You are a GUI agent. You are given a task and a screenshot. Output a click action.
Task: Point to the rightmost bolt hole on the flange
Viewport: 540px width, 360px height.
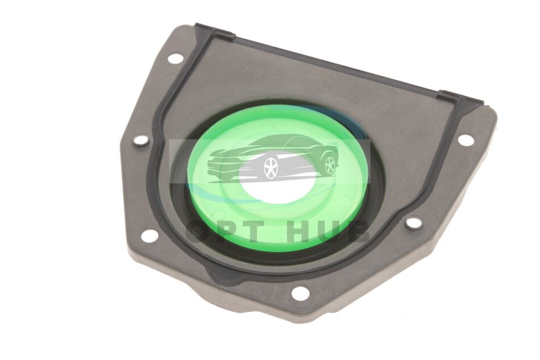tap(466, 139)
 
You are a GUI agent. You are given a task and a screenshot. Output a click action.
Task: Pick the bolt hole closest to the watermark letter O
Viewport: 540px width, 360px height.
tap(148, 236)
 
